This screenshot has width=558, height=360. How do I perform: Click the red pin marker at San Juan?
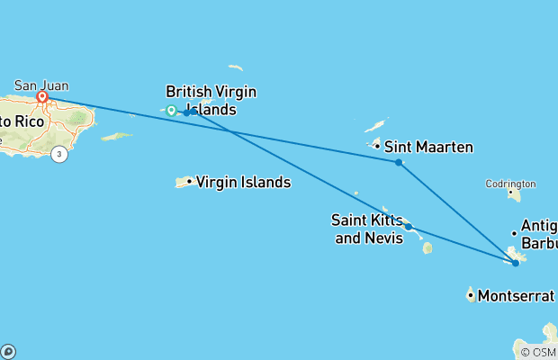41,95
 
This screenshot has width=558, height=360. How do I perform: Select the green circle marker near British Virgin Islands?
171,111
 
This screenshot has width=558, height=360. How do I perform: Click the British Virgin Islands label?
211,100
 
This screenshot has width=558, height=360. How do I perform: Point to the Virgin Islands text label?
243,182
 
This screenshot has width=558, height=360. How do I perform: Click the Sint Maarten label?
428,147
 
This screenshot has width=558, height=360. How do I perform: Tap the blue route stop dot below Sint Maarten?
398,162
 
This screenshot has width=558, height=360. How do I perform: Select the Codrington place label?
510,183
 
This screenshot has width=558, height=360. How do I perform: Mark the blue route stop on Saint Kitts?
408,227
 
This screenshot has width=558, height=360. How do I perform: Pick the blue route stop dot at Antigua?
515,263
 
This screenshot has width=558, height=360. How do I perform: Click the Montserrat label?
516,295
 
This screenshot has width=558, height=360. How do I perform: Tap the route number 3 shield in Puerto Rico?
59,154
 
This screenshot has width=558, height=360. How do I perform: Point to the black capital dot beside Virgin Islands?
189,182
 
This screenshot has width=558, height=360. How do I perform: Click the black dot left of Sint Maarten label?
377,147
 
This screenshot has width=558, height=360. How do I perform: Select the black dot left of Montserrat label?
471,294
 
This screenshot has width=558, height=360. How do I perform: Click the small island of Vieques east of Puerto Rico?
116,137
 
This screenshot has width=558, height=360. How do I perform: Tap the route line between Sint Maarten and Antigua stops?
456,212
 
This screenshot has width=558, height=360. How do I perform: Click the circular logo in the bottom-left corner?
7,352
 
